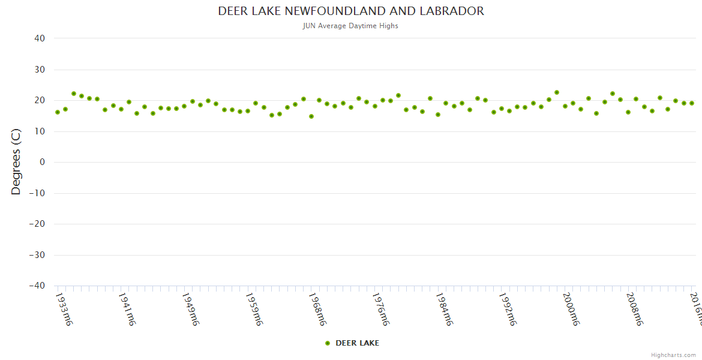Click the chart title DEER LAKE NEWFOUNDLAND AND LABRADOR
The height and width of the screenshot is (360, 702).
351,11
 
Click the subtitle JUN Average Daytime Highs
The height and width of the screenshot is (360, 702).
351,26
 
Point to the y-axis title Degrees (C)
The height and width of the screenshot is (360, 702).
16,163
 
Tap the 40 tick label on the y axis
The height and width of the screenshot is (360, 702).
40,38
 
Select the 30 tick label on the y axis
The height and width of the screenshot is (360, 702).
40,70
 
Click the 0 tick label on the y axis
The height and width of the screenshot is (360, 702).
43,162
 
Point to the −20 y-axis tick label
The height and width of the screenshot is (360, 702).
37,224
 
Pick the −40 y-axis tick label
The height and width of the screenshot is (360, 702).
37,286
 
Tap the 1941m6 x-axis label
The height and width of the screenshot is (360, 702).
127,309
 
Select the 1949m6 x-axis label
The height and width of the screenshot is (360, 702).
191,309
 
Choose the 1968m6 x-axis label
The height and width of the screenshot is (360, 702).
317,309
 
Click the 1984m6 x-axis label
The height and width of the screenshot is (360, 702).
444,309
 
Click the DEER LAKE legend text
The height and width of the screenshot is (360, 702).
357,343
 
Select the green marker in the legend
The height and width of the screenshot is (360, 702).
328,343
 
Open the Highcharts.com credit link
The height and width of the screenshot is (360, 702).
673,355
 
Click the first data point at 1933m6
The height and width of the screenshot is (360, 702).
58,112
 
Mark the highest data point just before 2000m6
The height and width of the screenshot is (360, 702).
557,92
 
